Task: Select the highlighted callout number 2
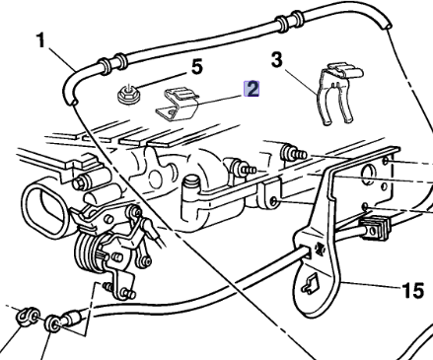253,90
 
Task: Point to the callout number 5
197,68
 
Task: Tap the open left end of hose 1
66,99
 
